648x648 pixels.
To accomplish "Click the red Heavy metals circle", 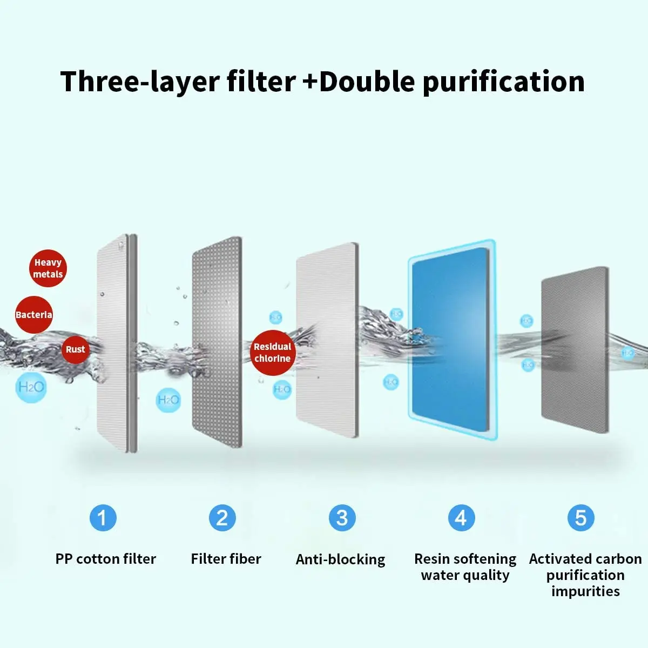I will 48,268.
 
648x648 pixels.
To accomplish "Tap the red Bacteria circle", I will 33,315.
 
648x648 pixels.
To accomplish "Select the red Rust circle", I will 75,349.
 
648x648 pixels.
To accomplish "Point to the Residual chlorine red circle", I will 273,353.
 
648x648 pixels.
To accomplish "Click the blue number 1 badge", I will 103,518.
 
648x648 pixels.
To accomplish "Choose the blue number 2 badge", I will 222,518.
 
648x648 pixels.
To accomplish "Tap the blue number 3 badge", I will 342,518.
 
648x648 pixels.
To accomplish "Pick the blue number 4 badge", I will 461,518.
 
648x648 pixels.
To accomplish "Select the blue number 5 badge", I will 580,518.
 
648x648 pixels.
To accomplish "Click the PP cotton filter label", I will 106,559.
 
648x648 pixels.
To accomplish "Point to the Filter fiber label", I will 226,559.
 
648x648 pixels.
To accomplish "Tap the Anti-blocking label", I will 341,559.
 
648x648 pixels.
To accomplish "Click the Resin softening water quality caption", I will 465,567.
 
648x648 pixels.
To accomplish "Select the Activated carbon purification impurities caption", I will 585,575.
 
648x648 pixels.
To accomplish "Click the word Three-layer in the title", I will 178,82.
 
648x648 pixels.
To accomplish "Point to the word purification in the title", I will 503,82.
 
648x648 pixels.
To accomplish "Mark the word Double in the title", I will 367,82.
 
